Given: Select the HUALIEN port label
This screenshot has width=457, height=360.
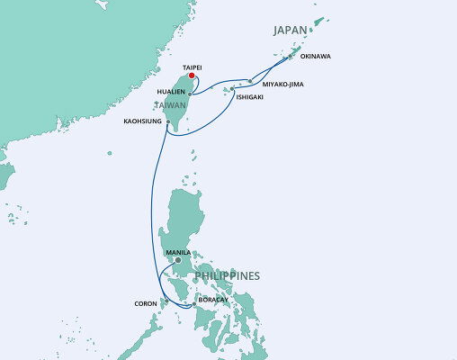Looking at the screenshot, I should click(x=171, y=92).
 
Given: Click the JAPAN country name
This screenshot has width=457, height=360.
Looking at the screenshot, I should click(x=293, y=30).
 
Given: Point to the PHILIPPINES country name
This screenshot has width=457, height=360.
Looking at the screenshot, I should click(x=224, y=275).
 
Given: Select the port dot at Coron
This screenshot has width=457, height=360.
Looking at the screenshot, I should click(x=166, y=301).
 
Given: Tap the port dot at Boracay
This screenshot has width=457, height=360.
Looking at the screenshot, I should click(x=194, y=306).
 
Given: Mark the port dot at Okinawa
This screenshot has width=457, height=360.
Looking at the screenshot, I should click(x=290, y=58).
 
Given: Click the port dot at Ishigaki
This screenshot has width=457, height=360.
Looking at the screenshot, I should click(x=232, y=89).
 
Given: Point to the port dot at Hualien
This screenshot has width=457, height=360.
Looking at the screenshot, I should click(x=191, y=93).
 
